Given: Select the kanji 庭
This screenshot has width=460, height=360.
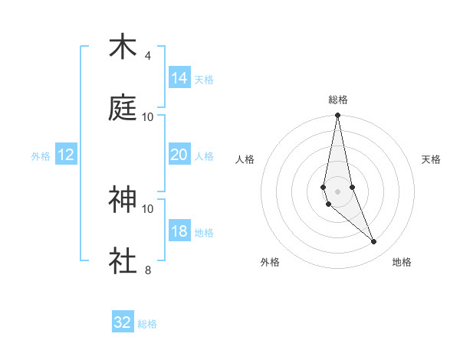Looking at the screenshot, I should tap(123, 107).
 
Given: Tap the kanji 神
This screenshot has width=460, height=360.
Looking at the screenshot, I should tap(123, 200).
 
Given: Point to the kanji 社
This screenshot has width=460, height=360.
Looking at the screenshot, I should tap(123, 260).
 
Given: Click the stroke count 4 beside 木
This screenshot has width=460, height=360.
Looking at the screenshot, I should tap(148, 56).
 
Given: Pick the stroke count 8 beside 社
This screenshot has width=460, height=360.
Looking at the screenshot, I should tap(148, 270).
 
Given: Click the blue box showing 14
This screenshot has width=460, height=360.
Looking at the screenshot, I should tap(179, 78).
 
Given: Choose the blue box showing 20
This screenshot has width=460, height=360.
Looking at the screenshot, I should tap(179, 155).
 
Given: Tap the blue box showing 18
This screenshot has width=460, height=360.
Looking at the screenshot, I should tap(179, 231).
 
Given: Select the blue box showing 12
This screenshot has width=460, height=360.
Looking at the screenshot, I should tap(66, 155).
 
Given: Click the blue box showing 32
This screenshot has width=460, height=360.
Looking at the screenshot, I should tap(123, 322).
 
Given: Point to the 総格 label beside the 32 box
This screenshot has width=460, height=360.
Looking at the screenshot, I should tap(147, 324).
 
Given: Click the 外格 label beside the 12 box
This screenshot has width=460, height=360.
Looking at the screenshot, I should tap(41, 156).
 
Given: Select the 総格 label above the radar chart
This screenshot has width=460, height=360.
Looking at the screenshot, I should tap(338, 100).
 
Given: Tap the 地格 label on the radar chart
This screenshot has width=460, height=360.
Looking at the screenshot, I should tap(402, 262).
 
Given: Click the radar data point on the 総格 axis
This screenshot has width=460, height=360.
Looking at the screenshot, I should tap(338, 116).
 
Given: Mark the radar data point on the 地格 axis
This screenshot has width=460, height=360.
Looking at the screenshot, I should tap(374, 242).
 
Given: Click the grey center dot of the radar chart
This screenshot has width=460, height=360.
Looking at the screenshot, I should tap(338, 191).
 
